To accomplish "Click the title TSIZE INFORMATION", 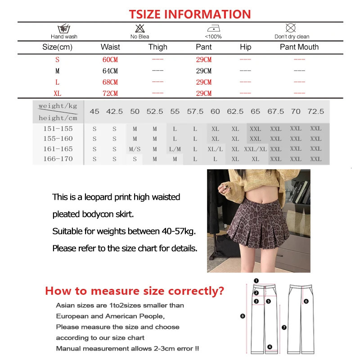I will (x=190, y=14).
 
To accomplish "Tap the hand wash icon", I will (x=64, y=28).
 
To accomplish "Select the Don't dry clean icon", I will (x=292, y=28).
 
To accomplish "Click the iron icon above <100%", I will (x=213, y=28).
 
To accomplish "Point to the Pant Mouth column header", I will (x=299, y=47).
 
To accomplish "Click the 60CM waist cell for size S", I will (x=110, y=59).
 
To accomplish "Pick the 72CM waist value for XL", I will (x=110, y=93).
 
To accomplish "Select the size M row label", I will (x=57, y=71).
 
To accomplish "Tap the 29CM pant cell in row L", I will (x=204, y=82).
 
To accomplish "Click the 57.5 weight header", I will (x=195, y=111).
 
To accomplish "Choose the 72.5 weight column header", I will (x=315, y=111).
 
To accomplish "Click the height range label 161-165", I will (x=58, y=148).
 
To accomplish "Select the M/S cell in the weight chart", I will (x=135, y=148).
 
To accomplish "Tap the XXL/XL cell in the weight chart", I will (x=255, y=148).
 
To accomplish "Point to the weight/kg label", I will (x=58, y=106).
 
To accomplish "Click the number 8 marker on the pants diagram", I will (x=243, y=316).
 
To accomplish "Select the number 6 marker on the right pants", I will (x=306, y=301).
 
